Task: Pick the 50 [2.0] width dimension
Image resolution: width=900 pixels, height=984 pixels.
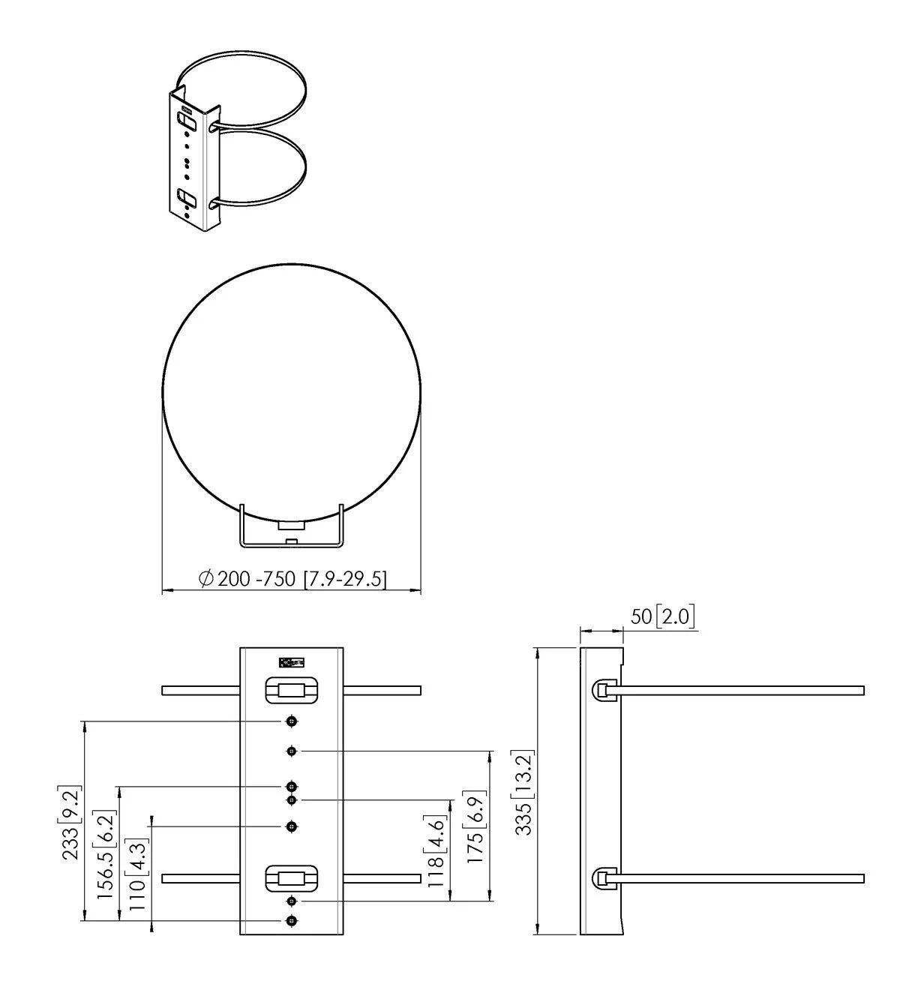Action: coord(662,616)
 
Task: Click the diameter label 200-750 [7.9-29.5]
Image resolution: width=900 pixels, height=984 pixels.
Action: coord(292,579)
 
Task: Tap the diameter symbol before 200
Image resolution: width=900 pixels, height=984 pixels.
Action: coord(206,579)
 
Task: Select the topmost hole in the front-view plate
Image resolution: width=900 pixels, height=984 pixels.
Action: coord(292,721)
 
